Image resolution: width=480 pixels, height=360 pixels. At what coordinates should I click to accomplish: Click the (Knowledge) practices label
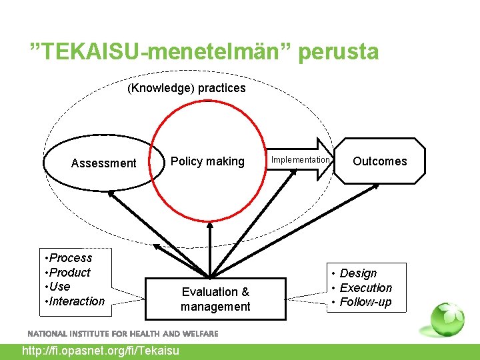coord(187,88)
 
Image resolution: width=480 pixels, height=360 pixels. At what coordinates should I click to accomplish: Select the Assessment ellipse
coord(103,163)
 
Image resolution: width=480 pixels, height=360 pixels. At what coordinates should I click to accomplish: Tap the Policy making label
coord(207,161)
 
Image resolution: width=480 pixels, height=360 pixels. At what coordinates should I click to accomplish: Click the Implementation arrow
coord(301,160)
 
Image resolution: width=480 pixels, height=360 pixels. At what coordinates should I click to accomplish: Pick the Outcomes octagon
coord(379,161)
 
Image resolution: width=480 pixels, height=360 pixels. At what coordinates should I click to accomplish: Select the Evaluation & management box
coord(215,299)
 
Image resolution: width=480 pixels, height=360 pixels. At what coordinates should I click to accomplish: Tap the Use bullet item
coord(59,287)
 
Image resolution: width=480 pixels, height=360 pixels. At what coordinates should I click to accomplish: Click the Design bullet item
coord(358,273)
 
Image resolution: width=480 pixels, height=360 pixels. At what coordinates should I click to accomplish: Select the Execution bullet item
coord(365,288)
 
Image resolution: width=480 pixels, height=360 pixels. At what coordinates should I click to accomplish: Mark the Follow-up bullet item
coord(365,303)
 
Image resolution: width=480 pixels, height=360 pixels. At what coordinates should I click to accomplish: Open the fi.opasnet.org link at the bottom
coord(101,351)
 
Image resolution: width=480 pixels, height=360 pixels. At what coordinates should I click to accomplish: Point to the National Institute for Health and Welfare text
coord(123,333)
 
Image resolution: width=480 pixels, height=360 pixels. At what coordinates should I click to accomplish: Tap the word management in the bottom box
coord(215,307)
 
